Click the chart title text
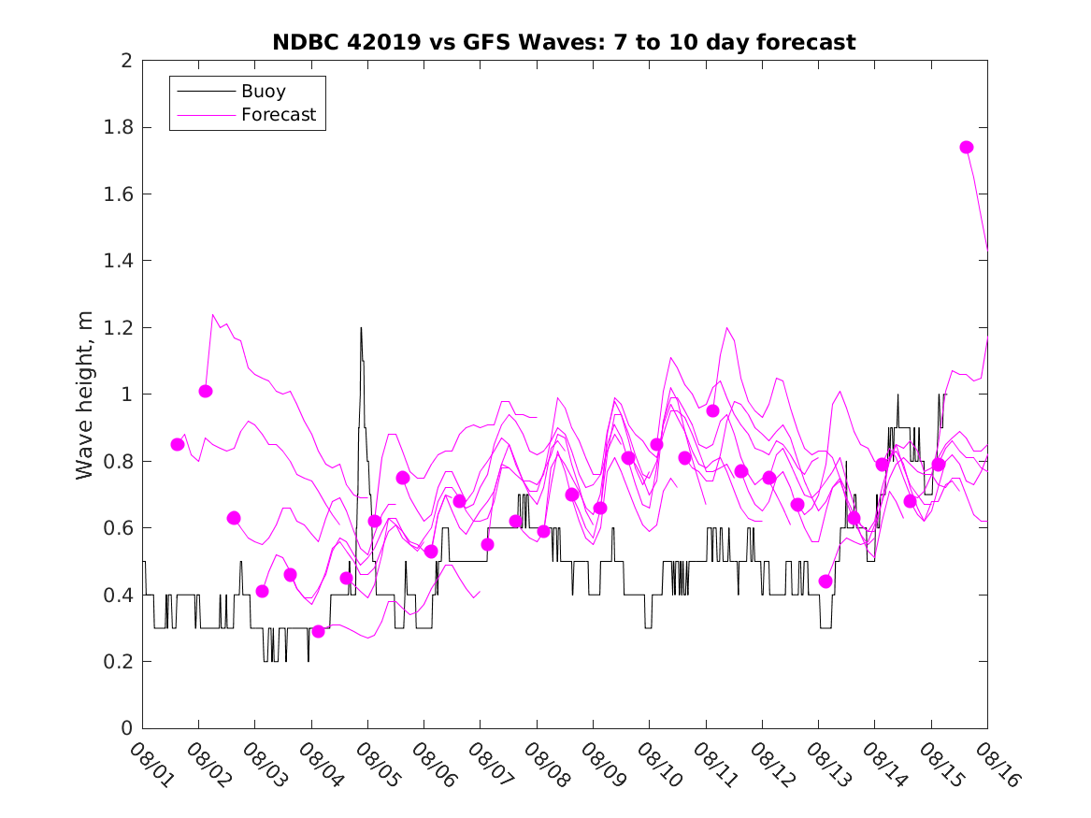[564, 43]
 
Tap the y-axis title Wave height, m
[86, 395]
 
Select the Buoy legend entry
[264, 92]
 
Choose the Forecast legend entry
[279, 116]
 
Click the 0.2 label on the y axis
[119, 662]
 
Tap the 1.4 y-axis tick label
[119, 261]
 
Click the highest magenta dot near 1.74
[967, 147]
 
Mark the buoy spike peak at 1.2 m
[361, 328]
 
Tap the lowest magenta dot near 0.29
[318, 631]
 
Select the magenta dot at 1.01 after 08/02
[206, 391]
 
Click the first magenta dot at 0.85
[178, 444]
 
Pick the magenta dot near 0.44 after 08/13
[825, 581]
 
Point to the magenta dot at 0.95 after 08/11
[712, 410]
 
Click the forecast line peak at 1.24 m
[213, 315]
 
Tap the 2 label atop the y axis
[125, 61]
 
